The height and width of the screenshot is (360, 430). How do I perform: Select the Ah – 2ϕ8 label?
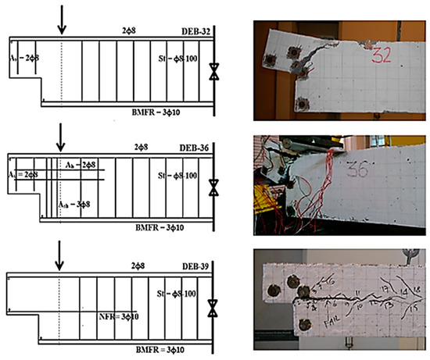(x=81, y=165)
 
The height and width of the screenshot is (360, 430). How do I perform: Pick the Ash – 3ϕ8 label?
(x=75, y=203)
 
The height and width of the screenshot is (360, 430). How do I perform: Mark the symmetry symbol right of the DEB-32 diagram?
(x=213, y=76)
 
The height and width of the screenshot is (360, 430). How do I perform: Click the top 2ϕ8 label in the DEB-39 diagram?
(x=142, y=266)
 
